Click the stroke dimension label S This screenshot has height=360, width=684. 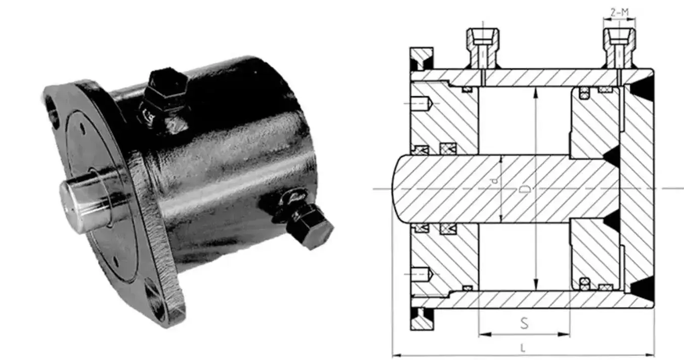coord(524,323)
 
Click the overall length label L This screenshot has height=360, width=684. coord(523,348)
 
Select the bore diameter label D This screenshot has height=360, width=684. coord(526,190)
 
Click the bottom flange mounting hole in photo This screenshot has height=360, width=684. coord(154,298)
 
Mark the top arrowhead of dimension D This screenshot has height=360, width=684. coord(536,91)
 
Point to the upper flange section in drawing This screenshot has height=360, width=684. coord(421,59)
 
